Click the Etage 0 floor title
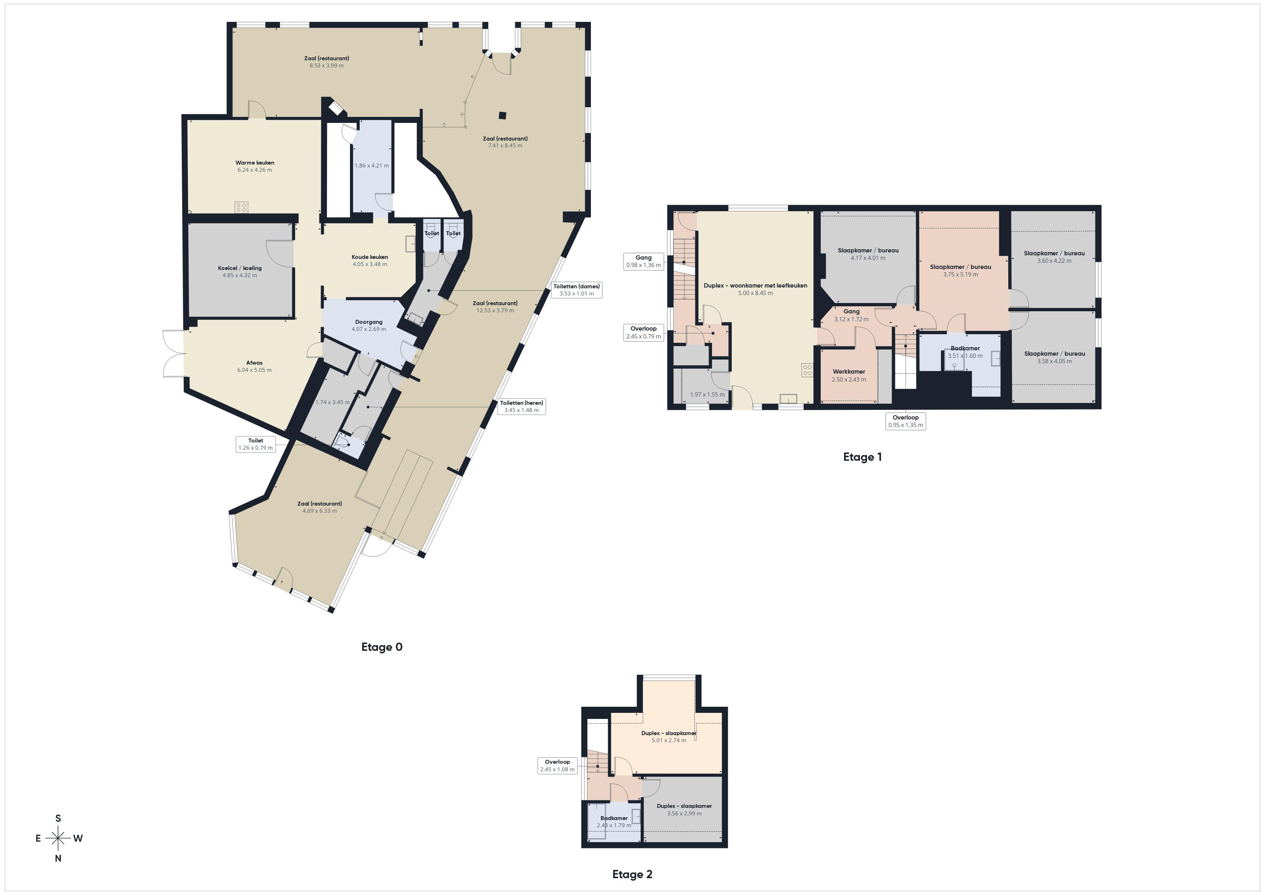click(382, 647)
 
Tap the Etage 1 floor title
click(862, 457)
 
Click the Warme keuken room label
click(255, 162)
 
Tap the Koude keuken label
click(370, 257)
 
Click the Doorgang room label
click(369, 322)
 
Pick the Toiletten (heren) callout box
click(521, 406)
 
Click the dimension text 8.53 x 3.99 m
click(327, 66)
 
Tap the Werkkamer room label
click(849, 371)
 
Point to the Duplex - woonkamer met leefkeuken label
click(755, 285)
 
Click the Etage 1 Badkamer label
click(965, 348)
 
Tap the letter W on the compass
click(78, 838)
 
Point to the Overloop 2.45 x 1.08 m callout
click(557, 766)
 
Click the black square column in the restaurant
click(502, 115)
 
